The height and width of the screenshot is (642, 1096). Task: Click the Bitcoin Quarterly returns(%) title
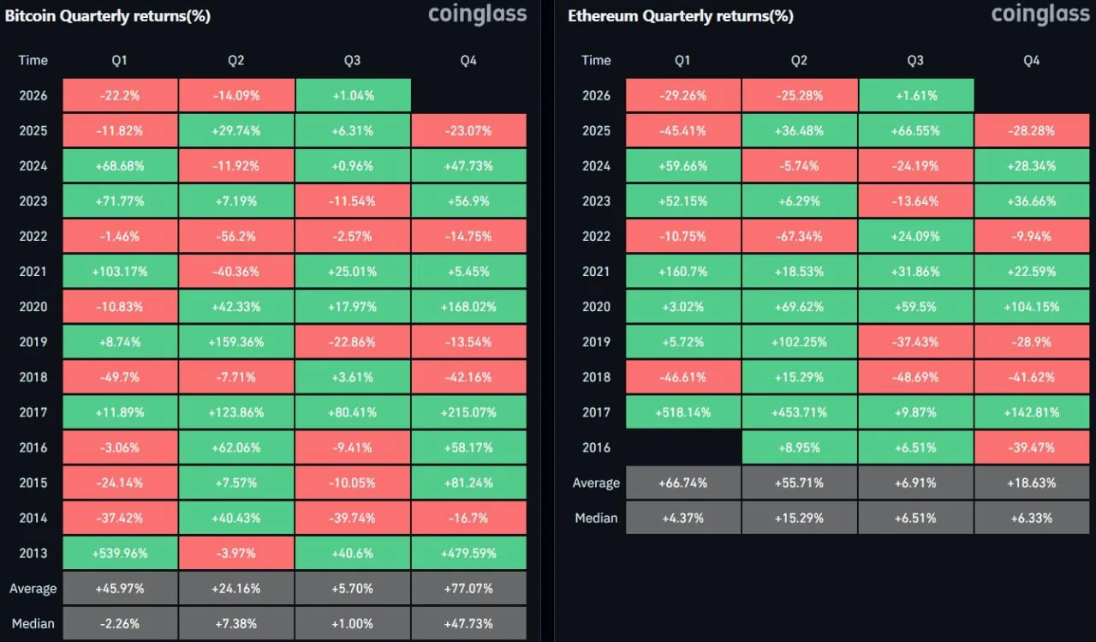pos(108,16)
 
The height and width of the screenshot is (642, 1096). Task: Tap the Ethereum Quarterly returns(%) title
pos(681,16)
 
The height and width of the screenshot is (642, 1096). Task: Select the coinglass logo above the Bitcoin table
pos(478,15)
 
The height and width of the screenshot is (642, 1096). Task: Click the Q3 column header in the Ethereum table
pos(915,60)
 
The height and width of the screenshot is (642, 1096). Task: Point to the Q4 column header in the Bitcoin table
pos(468,60)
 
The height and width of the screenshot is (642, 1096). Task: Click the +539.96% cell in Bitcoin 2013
pos(120,553)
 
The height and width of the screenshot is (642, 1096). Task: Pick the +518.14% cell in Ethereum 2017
pos(683,412)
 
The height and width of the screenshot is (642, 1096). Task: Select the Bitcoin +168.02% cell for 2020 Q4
pos(468,307)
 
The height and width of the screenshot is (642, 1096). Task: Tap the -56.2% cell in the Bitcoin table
pos(236,236)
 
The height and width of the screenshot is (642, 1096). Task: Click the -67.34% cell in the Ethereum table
pos(800,236)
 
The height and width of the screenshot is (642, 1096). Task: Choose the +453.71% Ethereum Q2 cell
pos(800,412)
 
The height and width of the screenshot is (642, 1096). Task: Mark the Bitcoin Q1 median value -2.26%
pos(120,623)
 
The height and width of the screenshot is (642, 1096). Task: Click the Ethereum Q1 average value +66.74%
pos(683,483)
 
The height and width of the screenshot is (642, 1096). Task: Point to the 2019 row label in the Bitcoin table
pos(33,342)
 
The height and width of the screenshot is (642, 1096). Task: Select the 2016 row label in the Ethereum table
pos(597,447)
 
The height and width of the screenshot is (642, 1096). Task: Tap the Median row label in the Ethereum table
pos(597,518)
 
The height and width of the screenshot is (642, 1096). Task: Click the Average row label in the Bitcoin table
pos(33,589)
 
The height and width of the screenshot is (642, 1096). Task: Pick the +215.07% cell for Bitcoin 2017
pos(468,412)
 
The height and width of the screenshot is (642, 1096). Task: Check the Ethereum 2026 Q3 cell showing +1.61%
pos(916,95)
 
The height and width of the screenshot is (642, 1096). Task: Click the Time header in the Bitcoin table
pos(33,60)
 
